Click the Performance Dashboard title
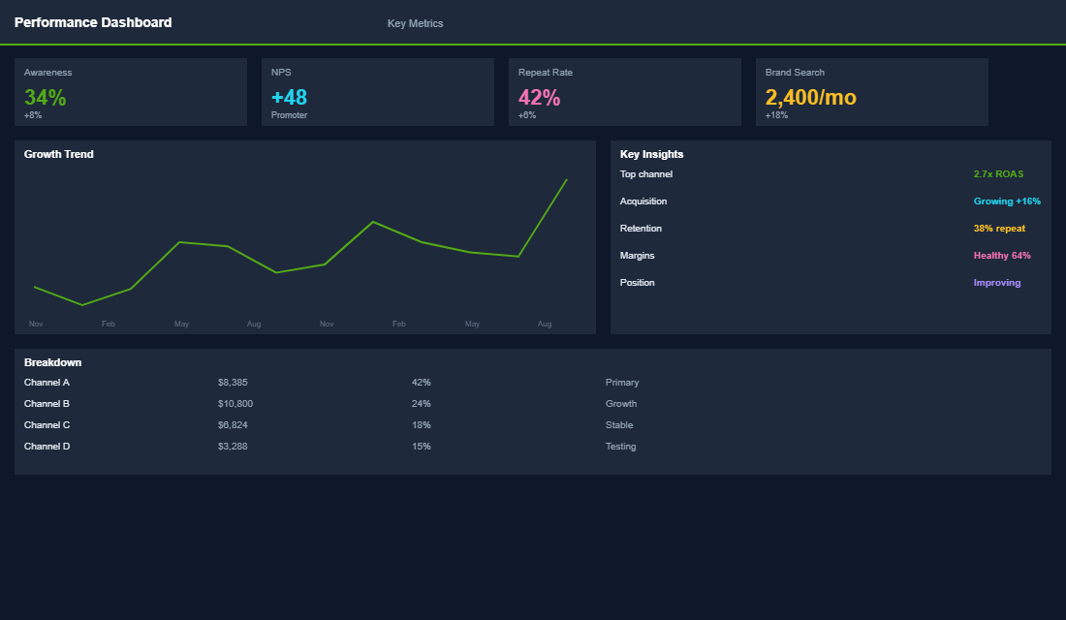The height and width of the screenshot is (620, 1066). pos(93,22)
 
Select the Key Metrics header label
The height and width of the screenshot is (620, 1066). pos(415,23)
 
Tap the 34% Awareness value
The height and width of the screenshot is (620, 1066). pos(46,98)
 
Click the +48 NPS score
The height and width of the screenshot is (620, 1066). pos(289,98)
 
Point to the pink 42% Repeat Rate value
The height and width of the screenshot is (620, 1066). pos(539,98)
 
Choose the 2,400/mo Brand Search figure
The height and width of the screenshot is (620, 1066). pos(810,98)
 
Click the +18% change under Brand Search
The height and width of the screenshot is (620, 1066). pos(776,115)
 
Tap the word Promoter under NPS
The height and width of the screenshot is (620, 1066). pos(289,115)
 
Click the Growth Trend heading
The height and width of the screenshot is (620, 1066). pos(59,154)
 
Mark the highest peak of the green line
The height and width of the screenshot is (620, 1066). pos(566,179)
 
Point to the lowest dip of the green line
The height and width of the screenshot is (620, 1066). pos(82,305)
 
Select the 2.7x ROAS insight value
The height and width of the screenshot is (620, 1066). pos(998,174)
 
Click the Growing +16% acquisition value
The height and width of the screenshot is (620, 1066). pos(1007,201)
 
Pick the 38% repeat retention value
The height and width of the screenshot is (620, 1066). pos(999,229)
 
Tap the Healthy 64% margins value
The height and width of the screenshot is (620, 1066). pos(1002,256)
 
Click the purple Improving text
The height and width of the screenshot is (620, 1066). pos(997,283)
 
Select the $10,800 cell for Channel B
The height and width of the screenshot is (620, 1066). pos(235,404)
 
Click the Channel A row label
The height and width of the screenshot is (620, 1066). pos(47,383)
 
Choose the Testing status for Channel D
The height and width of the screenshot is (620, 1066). pos(620,447)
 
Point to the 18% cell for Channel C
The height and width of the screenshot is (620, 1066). pos(421,425)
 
